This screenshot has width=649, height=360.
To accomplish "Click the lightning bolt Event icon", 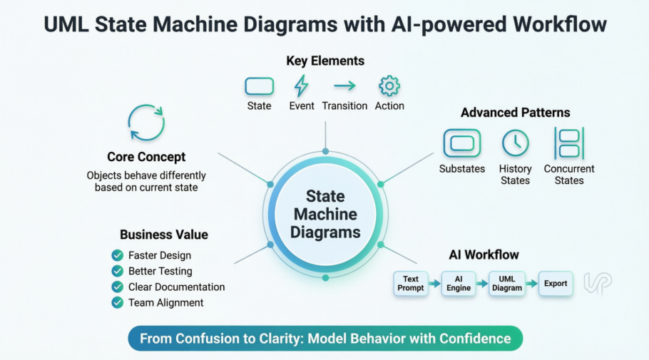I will (302, 86).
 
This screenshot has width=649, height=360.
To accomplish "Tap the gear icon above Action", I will (389, 86).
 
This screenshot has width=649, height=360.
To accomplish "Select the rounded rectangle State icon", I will (259, 86).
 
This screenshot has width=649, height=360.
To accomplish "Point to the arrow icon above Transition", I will (344, 86).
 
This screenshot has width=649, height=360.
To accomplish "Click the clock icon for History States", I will (515, 143).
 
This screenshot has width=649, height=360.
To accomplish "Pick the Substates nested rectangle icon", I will (462, 143).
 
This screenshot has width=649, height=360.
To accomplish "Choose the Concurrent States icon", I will (568, 143).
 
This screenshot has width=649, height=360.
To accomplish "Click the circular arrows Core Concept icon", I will (146, 122).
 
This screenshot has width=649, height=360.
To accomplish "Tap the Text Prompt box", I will (410, 284).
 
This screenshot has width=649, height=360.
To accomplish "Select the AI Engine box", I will (459, 284).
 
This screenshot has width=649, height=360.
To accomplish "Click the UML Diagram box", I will (506, 284).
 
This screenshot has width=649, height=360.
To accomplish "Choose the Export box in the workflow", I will (556, 284).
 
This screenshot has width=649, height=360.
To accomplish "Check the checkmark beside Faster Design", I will (118, 255).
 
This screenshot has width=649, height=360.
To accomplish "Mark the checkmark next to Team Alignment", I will (118, 303).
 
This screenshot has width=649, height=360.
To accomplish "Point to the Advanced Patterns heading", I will (515, 113).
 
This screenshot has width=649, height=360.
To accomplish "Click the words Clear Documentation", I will (176, 287).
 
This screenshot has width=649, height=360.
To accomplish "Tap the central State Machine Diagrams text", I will (325, 214).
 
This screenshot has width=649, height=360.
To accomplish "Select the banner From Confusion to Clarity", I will (325, 339).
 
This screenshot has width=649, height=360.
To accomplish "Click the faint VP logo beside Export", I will (597, 283).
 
